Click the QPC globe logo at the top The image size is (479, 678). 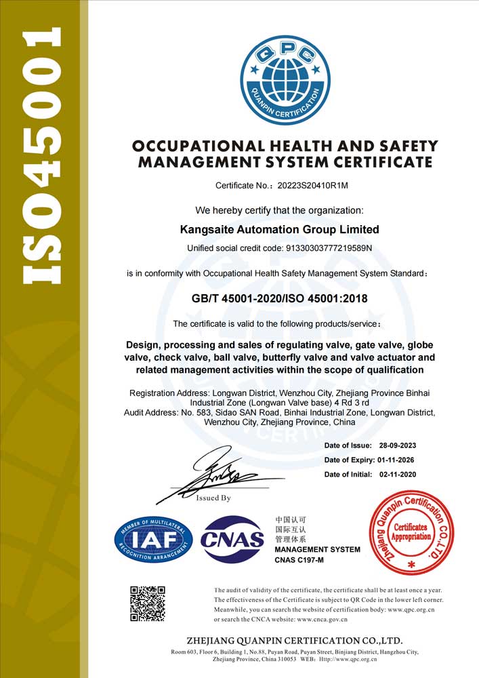click(x=285, y=81)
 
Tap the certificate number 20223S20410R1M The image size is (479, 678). click(x=318, y=185)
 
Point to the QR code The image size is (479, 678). click(x=148, y=602)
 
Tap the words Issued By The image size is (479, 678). click(x=213, y=498)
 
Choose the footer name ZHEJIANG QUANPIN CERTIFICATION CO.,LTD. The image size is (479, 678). click(x=294, y=641)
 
